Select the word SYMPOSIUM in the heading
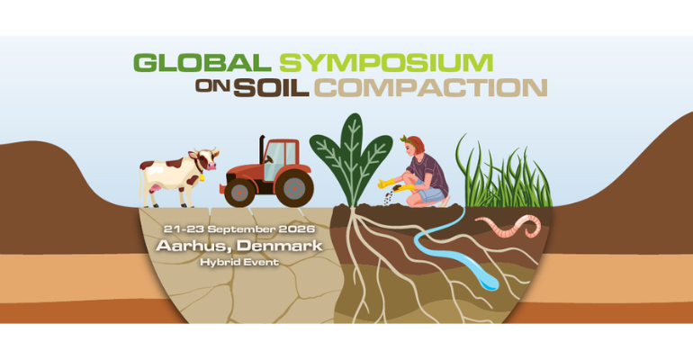tap(386, 63)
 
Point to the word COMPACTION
tap(430, 87)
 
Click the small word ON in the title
tap(211, 88)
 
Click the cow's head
tap(208, 160)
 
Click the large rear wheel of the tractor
tap(292, 187)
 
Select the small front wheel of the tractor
tap(239, 192)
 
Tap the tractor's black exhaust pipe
tap(262, 150)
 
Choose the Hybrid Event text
tap(239, 261)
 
